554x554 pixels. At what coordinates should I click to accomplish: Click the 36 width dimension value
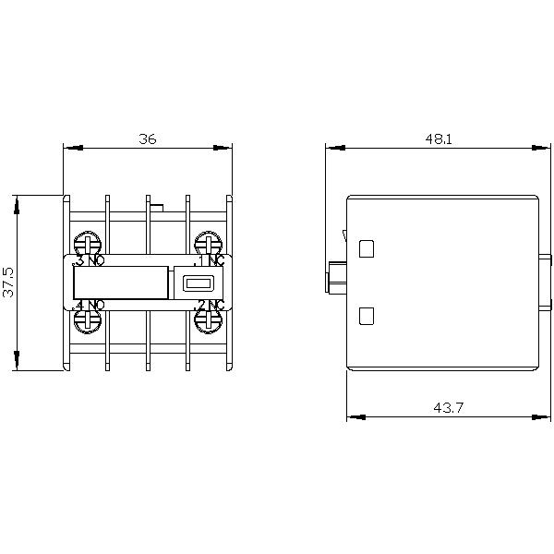tap(148, 138)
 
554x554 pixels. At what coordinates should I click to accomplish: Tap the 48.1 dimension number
tap(439, 138)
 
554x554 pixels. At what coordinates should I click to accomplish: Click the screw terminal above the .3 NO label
tap(88, 244)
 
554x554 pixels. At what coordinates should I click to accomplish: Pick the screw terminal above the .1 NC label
tap(208, 244)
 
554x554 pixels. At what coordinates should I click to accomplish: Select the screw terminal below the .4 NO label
tap(88, 319)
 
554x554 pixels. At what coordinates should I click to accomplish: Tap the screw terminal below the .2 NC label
tap(208, 319)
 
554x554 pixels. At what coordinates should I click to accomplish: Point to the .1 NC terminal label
tap(210, 261)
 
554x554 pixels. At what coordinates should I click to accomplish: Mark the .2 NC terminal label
tap(210, 305)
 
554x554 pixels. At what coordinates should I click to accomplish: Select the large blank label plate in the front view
tap(120, 283)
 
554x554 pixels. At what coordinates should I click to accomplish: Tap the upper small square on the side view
tap(366, 248)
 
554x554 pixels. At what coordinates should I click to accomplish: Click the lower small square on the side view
tap(366, 316)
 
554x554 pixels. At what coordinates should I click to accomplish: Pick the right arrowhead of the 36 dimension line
tap(226, 147)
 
